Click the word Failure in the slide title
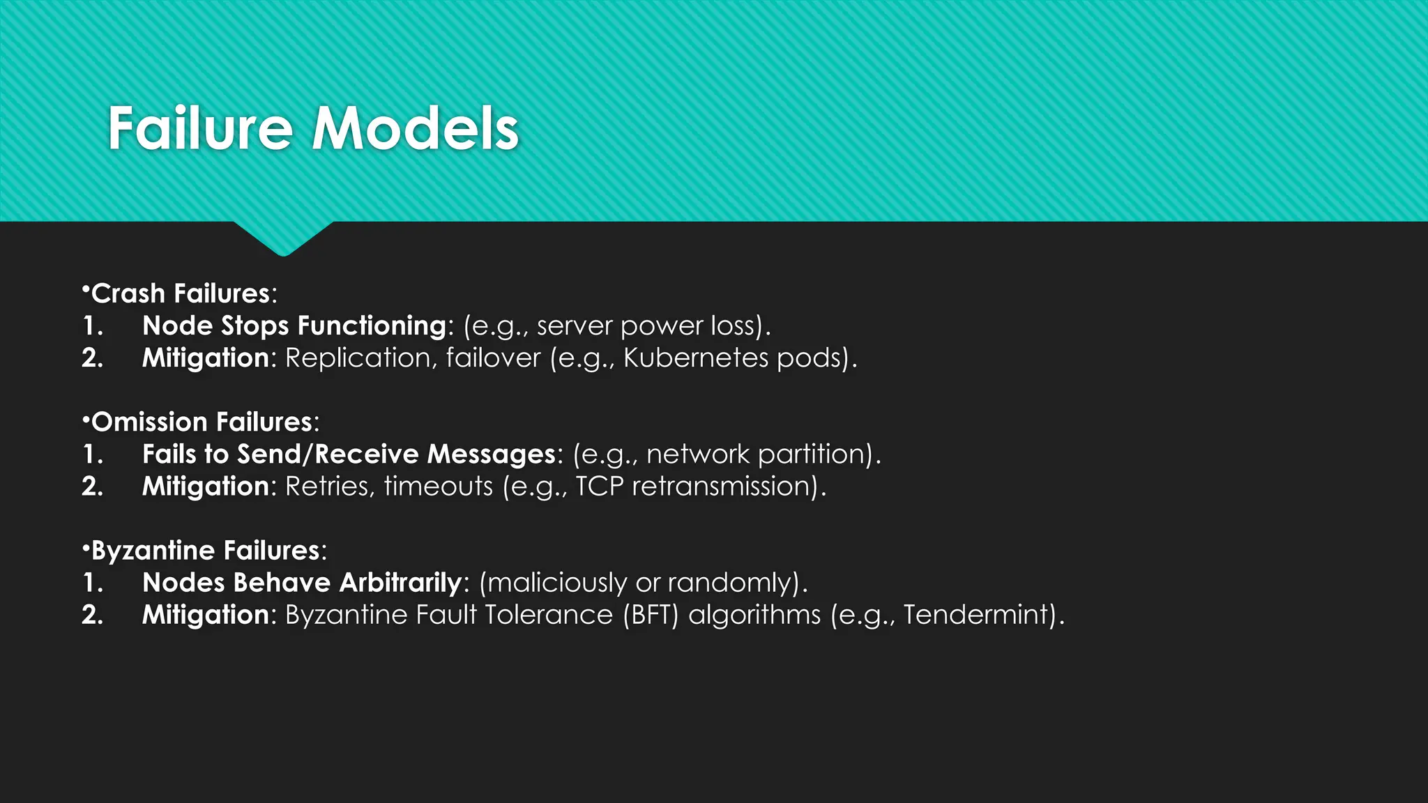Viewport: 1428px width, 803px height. pos(199,129)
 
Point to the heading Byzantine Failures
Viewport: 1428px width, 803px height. pos(205,551)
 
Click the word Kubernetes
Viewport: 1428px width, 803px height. pos(696,358)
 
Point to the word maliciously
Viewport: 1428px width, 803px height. pos(558,583)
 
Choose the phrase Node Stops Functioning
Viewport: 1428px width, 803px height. pos(294,326)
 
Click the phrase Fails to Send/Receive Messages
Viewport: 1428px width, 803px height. pos(349,454)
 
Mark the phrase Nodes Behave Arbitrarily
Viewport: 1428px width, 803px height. pos(302,583)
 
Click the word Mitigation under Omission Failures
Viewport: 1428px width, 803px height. pos(205,487)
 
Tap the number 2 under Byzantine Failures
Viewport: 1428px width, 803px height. pos(92,615)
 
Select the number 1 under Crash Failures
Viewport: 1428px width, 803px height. pos(92,326)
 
